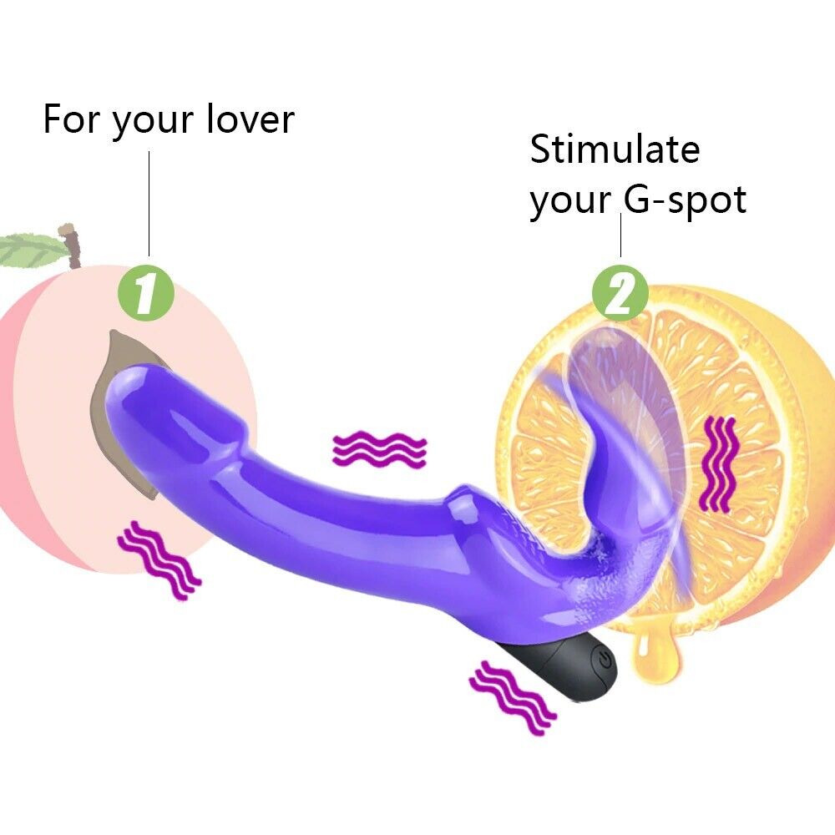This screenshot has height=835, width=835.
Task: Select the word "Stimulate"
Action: pyautogui.click(x=615, y=149)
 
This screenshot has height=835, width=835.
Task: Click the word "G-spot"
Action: pyautogui.click(x=685, y=200)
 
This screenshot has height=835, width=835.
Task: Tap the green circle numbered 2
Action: pyautogui.click(x=620, y=292)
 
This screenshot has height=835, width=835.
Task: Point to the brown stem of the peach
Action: pyautogui.click(x=73, y=242)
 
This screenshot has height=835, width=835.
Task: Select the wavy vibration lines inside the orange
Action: pyautogui.click(x=721, y=464)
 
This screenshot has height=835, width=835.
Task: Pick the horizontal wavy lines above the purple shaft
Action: pyautogui.click(x=379, y=450)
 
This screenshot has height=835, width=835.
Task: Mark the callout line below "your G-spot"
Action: pyautogui.click(x=620, y=235)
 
